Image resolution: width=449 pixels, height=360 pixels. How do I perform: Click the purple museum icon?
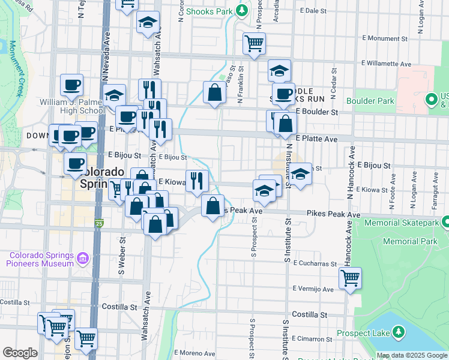click(x=83, y=259)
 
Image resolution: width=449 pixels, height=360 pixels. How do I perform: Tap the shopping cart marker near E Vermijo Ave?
click(x=349, y=278)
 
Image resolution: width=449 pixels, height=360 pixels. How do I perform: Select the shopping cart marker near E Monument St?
click(x=254, y=43)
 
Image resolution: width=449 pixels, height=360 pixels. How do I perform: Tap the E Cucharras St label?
click(x=315, y=263)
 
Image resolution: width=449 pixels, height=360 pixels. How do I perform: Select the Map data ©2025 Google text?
click(x=411, y=355)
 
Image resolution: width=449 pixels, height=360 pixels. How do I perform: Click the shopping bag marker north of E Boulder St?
click(x=214, y=92)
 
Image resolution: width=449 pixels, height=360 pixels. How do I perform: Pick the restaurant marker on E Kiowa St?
click(x=197, y=181)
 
